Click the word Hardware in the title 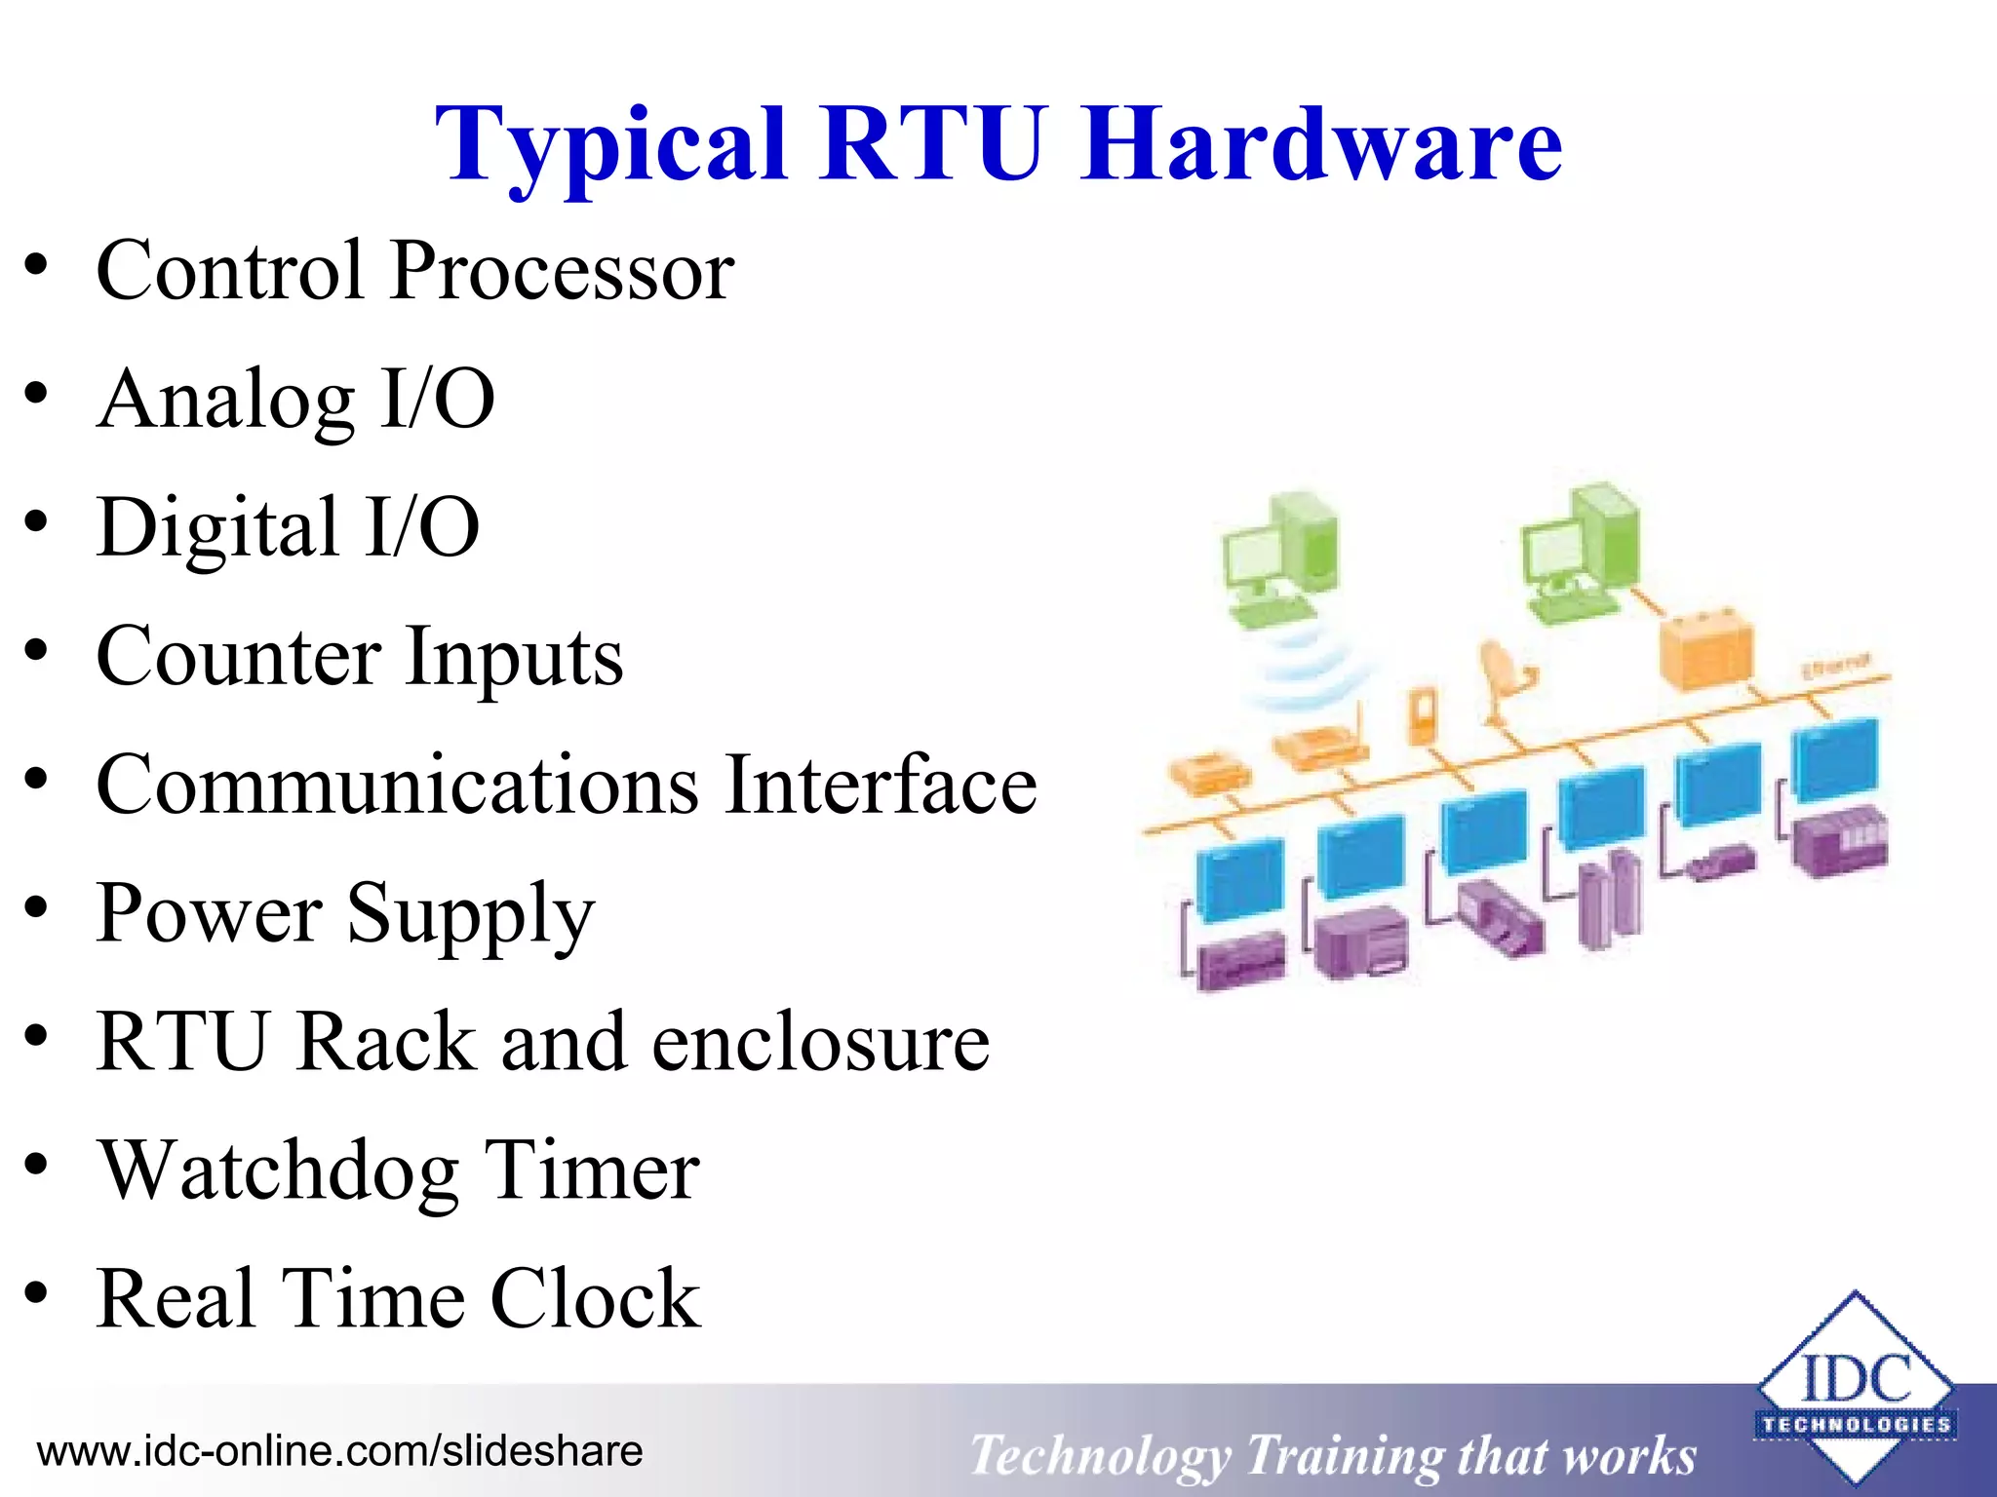(1321, 146)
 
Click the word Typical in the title (609, 146)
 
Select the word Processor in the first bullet (563, 271)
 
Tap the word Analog (226, 400)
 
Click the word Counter (239, 657)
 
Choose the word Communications (398, 786)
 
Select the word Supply (471, 914)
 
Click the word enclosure (820, 1043)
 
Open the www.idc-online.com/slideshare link (339, 1451)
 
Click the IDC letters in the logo (1856, 1379)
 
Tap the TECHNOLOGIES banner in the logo (1856, 1425)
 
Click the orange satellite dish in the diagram (1504, 672)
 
